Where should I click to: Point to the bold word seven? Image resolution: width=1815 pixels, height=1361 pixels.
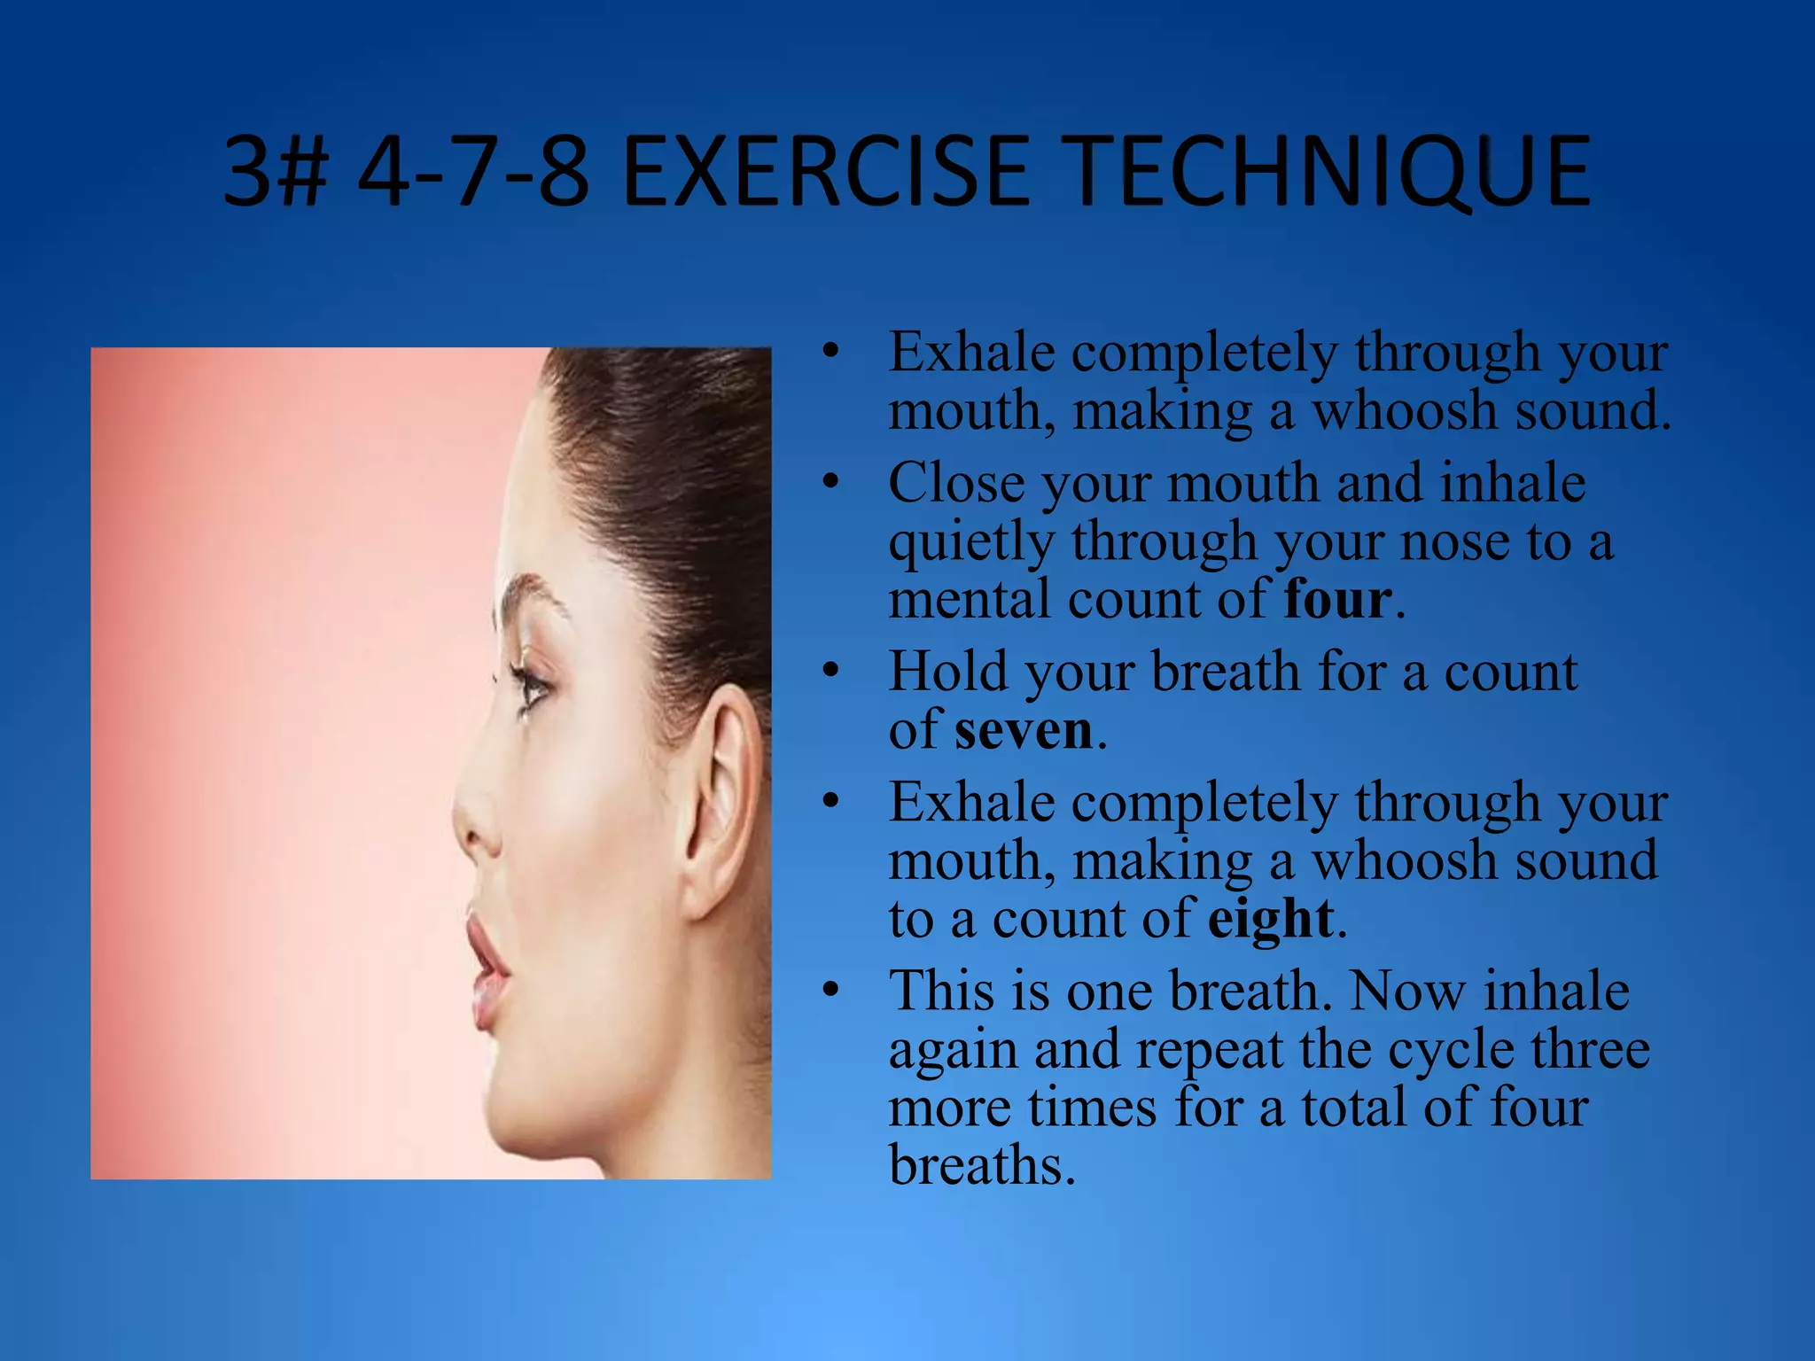[1024, 731]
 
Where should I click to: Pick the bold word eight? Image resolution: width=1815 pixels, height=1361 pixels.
[1271, 919]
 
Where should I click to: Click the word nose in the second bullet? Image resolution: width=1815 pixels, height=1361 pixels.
[1453, 542]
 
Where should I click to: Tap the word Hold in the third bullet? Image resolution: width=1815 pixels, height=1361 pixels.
[948, 672]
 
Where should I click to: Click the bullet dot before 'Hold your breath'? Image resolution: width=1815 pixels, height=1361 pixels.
[830, 672]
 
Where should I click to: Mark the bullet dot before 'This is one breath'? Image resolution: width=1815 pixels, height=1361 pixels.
[830, 990]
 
